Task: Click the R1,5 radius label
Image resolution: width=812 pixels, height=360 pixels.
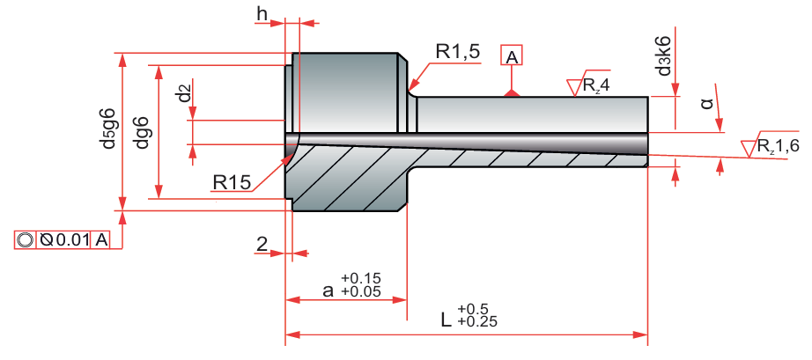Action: tap(457, 52)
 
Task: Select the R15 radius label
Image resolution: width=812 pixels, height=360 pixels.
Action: tap(232, 182)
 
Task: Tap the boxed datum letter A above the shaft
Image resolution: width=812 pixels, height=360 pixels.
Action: tap(512, 56)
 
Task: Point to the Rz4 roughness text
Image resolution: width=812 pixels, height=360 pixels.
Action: tap(594, 85)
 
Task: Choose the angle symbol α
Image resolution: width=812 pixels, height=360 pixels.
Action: tap(706, 104)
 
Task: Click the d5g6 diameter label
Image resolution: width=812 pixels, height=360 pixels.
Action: tap(108, 129)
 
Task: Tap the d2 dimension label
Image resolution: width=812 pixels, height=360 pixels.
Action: tap(183, 94)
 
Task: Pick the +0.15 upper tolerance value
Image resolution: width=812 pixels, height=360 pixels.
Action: tap(361, 279)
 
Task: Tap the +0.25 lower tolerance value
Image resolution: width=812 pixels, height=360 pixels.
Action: tap(477, 321)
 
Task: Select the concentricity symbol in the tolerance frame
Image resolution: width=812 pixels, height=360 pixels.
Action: tap(25, 240)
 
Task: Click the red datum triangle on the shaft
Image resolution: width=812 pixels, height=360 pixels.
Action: tap(511, 91)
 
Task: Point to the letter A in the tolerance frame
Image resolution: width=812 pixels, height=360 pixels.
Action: tap(102, 240)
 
